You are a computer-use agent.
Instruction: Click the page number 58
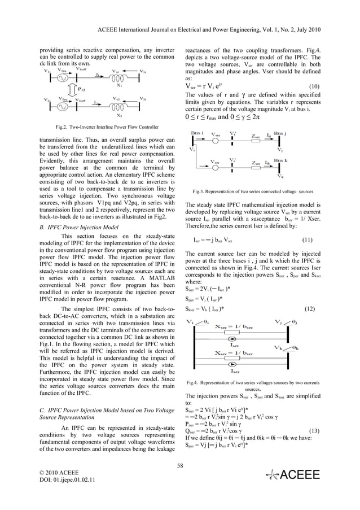pyautogui.click(x=179, y=464)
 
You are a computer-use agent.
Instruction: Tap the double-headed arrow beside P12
pyautogui.click(x=71, y=89)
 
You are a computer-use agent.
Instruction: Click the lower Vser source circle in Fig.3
pyautogui.click(x=215, y=167)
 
